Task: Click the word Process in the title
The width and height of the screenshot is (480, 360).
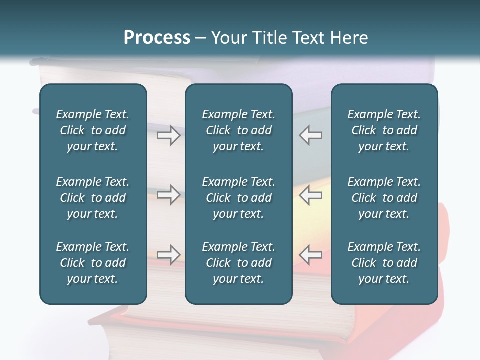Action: [x=157, y=38]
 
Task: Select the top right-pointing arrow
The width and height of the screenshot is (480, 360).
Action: [x=168, y=135]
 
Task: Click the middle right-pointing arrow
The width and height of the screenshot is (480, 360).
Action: [x=168, y=194]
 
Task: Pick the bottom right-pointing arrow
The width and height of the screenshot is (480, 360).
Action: [x=168, y=254]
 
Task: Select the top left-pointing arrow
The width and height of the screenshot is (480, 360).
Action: [x=311, y=135]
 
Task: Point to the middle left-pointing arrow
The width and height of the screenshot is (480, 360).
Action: [x=311, y=194]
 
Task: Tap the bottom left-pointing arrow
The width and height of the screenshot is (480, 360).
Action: [x=311, y=254]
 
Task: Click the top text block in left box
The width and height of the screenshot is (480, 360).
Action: [x=93, y=130]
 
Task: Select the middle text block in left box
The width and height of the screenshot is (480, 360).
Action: [x=93, y=198]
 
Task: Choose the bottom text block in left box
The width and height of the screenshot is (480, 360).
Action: [x=93, y=263]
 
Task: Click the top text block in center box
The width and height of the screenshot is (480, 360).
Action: [x=238, y=130]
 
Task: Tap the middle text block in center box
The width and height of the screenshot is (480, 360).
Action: [x=238, y=198]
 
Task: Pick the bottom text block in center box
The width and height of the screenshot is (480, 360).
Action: [x=238, y=263]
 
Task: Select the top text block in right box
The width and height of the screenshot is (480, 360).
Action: [x=384, y=130]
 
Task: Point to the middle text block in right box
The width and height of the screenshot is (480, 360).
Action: [x=384, y=198]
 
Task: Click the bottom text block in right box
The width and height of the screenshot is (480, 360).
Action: [x=384, y=263]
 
